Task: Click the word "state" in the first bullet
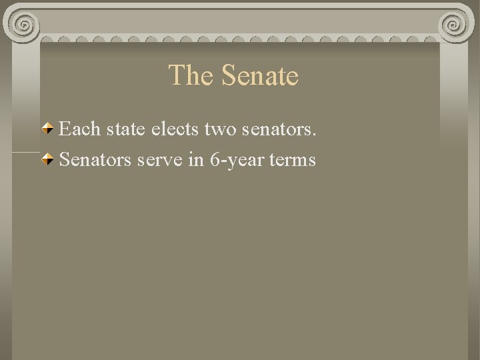click(x=123, y=129)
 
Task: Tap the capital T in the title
click(x=176, y=75)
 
